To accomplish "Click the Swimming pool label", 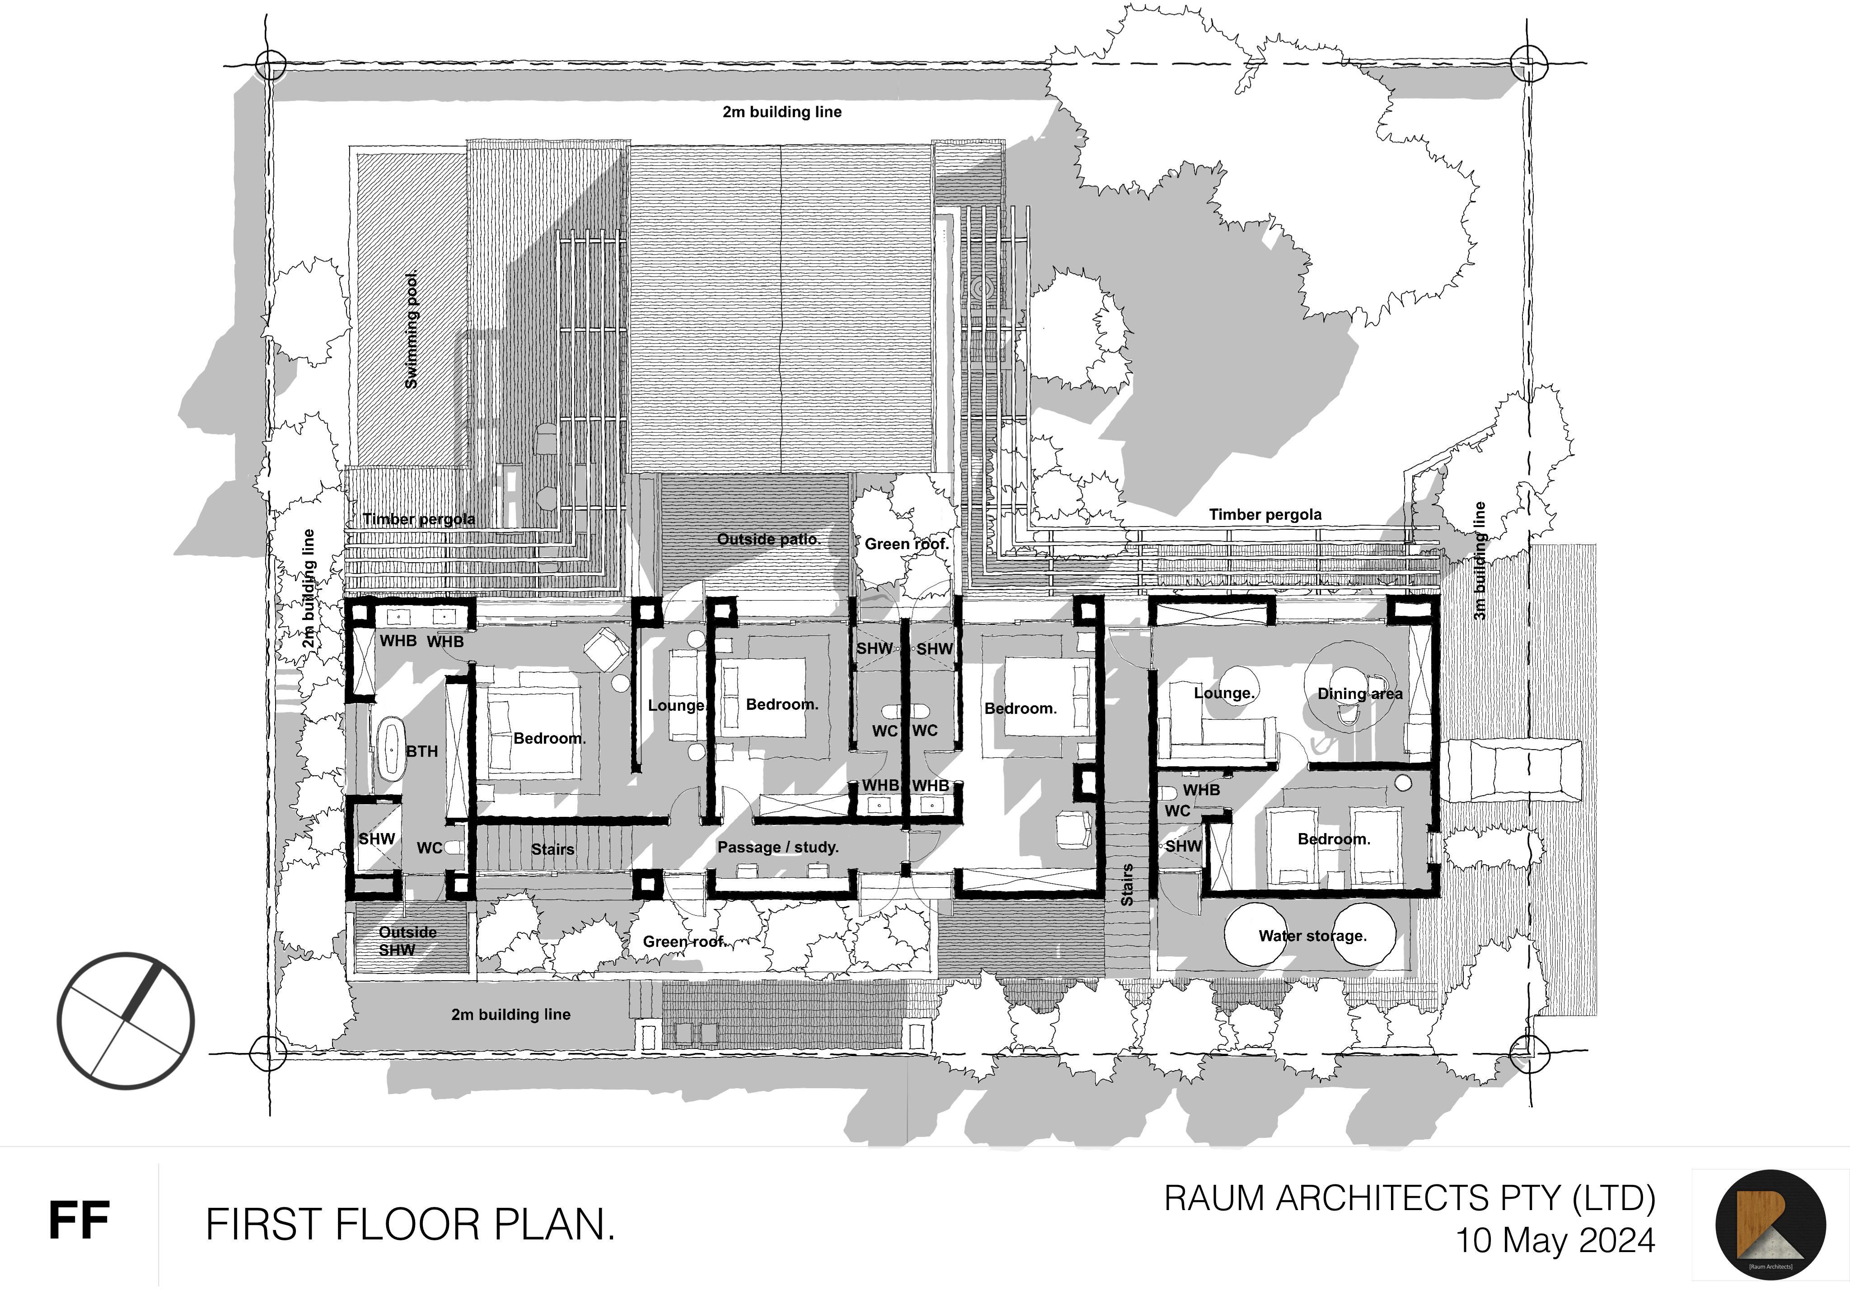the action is [x=411, y=330].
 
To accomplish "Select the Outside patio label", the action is [x=768, y=539].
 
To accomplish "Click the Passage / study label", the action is [x=777, y=848].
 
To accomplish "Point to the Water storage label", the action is [x=1312, y=936].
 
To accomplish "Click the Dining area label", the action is [x=1360, y=694].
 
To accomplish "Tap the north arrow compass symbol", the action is [x=126, y=1021].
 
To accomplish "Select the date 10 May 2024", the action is [x=1555, y=1240].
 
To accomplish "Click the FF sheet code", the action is [x=79, y=1221].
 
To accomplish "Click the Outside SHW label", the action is [x=407, y=941].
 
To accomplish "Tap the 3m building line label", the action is [x=1480, y=561].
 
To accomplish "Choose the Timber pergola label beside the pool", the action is [x=418, y=520].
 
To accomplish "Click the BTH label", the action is [x=422, y=751].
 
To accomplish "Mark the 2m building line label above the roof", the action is [x=782, y=112].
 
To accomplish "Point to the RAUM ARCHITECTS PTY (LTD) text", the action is [x=1410, y=1198].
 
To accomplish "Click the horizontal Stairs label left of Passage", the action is [x=553, y=849].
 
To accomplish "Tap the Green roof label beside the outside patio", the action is [x=906, y=544].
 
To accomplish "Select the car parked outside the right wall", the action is [x=1515, y=771].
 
